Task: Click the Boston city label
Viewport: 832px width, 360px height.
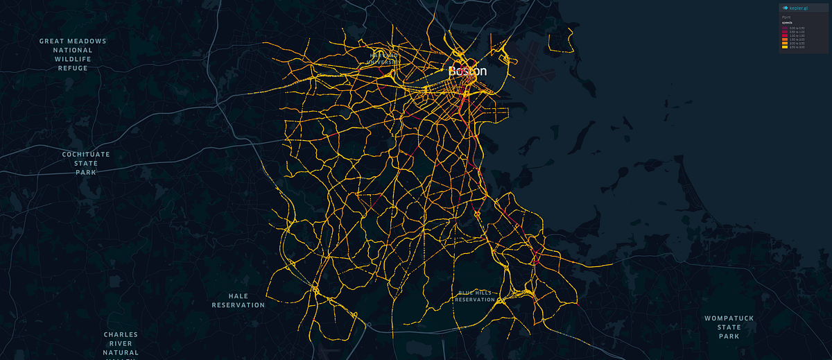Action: (467, 71)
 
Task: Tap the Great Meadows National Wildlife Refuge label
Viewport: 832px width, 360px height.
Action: (73, 55)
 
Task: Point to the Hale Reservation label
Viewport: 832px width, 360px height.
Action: (238, 300)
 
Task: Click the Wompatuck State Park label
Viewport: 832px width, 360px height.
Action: (729, 327)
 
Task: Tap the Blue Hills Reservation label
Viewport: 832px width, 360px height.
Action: (476, 296)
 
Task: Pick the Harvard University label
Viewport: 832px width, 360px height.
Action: (384, 58)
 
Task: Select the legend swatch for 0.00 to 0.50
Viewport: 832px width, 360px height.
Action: (784, 27)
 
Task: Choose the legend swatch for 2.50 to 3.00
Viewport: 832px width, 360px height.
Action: (784, 47)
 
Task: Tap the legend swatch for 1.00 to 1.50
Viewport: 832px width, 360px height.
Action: (784, 35)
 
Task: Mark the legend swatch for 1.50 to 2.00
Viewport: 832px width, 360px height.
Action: (784, 40)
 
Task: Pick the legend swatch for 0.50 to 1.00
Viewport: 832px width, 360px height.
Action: (784, 31)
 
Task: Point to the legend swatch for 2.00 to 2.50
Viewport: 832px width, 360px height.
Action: (784, 43)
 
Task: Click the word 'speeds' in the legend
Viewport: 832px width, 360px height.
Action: (787, 22)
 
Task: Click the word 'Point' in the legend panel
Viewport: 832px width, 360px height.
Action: (786, 17)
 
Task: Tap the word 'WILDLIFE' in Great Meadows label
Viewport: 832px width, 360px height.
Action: (73, 59)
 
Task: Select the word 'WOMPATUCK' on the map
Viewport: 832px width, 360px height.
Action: (729, 318)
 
